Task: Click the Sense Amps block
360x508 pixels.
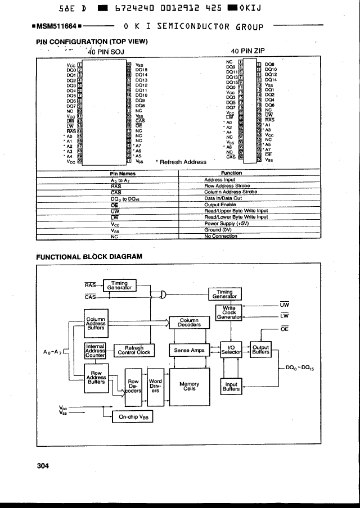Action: tap(189, 350)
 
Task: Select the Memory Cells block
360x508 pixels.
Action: tap(189, 387)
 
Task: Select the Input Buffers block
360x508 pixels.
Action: tap(231, 387)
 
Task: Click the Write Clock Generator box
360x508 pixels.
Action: tap(229, 313)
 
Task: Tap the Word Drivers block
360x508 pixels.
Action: tap(155, 386)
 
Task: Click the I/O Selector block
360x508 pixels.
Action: tap(231, 350)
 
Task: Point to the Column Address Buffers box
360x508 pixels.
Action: tap(96, 324)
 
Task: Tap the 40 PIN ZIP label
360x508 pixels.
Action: tap(251, 51)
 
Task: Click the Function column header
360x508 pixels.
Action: tap(231, 173)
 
